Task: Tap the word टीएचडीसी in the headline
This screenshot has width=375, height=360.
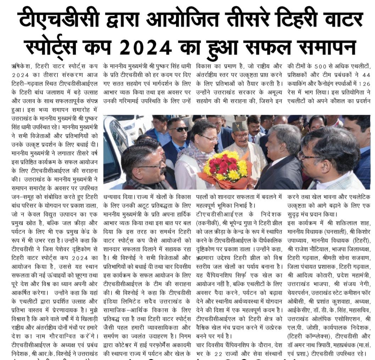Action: pos(59,21)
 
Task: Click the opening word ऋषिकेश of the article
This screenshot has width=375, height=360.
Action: pos(21,66)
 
